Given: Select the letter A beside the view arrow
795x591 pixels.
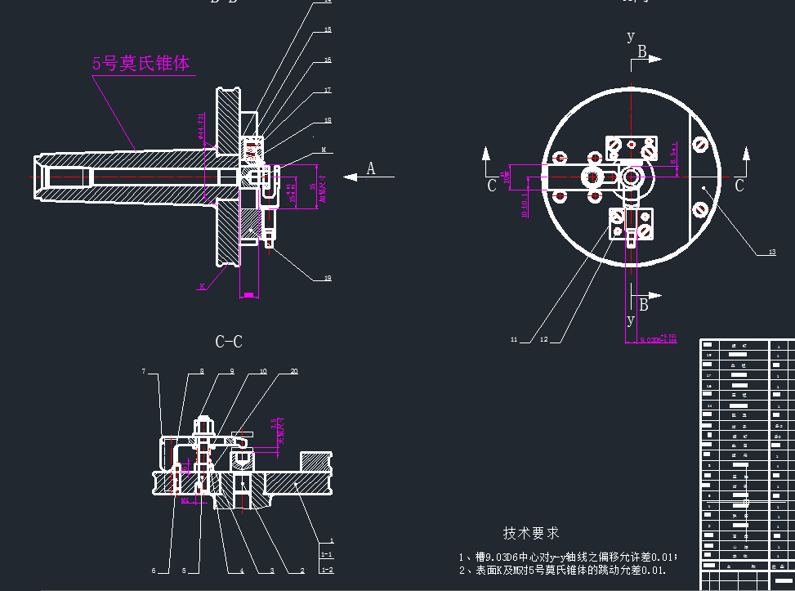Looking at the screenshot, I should pyautogui.click(x=371, y=168).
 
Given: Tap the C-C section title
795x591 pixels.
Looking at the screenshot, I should pyautogui.click(x=229, y=342).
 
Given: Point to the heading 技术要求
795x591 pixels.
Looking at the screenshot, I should pyautogui.click(x=531, y=533).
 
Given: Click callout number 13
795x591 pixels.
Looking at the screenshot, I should pyautogui.click(x=771, y=253).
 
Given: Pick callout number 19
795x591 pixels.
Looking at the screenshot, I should pyautogui.click(x=328, y=278).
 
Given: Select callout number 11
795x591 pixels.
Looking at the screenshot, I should pyautogui.click(x=515, y=338).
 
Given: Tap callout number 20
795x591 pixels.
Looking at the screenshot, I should pyautogui.click(x=294, y=371).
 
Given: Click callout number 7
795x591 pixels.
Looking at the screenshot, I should pyautogui.click(x=144, y=372).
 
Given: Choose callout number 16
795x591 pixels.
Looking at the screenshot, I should pyautogui.click(x=328, y=60).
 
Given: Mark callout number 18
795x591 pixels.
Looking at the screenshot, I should pyautogui.click(x=328, y=120).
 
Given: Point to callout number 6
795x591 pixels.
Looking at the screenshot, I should pyautogui.click(x=153, y=570).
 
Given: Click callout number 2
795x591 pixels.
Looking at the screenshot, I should pyautogui.click(x=301, y=570).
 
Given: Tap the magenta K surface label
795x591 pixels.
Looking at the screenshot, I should pyautogui.click(x=201, y=286).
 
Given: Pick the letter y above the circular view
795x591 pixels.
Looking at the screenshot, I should pyautogui.click(x=630, y=36).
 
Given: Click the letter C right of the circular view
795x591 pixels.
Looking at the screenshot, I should pyautogui.click(x=739, y=186).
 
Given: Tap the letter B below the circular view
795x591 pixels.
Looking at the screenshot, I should pyautogui.click(x=644, y=305).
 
